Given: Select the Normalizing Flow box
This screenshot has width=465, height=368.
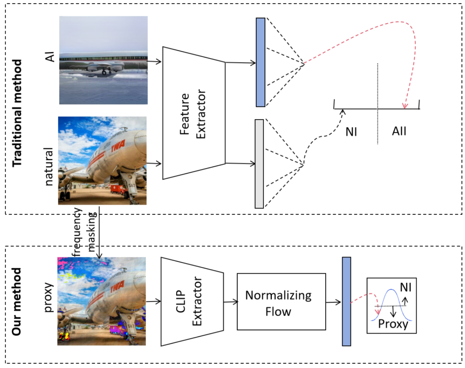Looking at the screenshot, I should click(281, 302).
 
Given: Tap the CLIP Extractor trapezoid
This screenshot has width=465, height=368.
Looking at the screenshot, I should click(192, 302).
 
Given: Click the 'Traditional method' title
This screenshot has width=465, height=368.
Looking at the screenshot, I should click(17, 113).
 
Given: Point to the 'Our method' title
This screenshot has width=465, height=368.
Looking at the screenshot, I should click(16, 302).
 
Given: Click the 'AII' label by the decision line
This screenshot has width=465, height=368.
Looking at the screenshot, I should click(399, 131).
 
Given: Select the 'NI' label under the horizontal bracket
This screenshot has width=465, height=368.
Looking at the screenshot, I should click(351, 132).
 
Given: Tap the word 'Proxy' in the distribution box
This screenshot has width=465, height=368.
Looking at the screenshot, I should click(393, 324).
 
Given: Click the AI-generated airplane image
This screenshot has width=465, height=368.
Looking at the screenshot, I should click(103, 60).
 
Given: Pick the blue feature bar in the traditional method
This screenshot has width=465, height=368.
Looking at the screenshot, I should click(260, 62).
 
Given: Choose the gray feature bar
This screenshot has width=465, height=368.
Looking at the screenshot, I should click(259, 164).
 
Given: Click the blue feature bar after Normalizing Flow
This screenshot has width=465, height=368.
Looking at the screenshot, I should click(346, 302).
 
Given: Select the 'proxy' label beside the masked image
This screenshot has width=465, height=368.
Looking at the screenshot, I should click(49, 297).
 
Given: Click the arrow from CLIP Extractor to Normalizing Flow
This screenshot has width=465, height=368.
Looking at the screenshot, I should click(230, 302).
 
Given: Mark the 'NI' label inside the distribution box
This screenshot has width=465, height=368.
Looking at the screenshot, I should click(406, 287).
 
